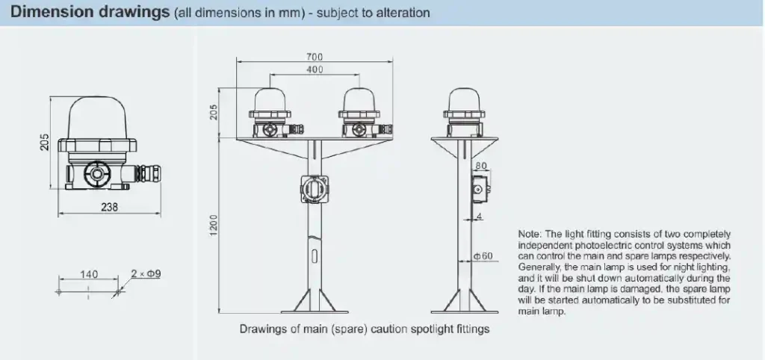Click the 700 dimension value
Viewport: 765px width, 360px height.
315,57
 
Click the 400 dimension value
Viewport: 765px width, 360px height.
315,69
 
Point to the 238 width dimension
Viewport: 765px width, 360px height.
109,208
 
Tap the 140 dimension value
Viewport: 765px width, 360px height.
88,274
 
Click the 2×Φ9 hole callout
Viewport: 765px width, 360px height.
146,274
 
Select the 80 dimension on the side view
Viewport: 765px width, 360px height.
481,166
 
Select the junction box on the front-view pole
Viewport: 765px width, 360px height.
314,188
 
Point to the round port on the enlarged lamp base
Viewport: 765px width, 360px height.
96,173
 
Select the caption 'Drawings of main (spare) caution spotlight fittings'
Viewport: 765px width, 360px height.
364,329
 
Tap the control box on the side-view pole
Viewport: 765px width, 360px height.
478,190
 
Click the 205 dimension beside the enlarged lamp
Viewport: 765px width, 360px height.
45,142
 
